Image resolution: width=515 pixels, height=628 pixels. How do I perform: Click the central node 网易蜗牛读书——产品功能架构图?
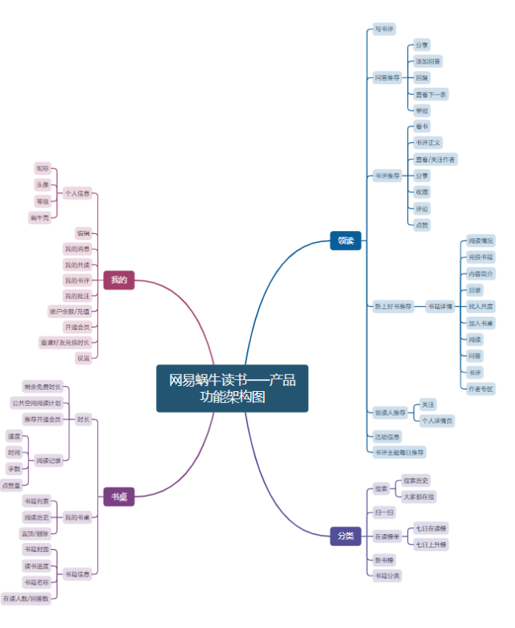pyautogui.click(x=231, y=388)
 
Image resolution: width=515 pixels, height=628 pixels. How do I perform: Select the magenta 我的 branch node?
pyautogui.click(x=118, y=280)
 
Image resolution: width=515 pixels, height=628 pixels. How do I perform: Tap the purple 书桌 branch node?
pyautogui.click(x=118, y=497)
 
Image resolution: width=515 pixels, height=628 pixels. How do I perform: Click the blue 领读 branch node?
pyautogui.click(x=345, y=241)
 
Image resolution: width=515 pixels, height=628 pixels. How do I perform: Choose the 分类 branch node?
pyautogui.click(x=345, y=536)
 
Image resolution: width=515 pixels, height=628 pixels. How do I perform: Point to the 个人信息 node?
pyautogui.click(x=77, y=194)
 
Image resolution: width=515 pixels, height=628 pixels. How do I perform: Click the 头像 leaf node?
pyautogui.click(x=42, y=185)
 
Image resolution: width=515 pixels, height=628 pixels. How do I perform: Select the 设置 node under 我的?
pyautogui.click(x=83, y=358)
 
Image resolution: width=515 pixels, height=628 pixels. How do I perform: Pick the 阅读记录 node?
pyautogui.click(x=49, y=461)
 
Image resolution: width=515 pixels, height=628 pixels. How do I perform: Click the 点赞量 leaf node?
pyautogui.click(x=12, y=486)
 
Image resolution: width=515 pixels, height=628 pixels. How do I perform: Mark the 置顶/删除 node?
pyautogui.click(x=35, y=533)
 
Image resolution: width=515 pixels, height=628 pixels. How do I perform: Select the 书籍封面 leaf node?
pyautogui.click(x=36, y=549)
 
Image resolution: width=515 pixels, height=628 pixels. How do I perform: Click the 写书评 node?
pyautogui.click(x=384, y=29)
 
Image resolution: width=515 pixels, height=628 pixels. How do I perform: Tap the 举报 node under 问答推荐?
pyautogui.click(x=422, y=111)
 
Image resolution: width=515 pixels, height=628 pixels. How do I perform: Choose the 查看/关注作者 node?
pyautogui.click(x=435, y=159)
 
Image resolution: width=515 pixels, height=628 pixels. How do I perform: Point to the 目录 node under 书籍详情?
pyautogui.click(x=475, y=290)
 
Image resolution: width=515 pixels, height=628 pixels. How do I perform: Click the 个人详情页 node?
pyautogui.click(x=438, y=421)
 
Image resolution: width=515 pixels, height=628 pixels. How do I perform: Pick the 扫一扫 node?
pyautogui.click(x=384, y=513)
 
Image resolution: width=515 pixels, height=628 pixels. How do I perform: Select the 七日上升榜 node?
pyautogui.click(x=432, y=545)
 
